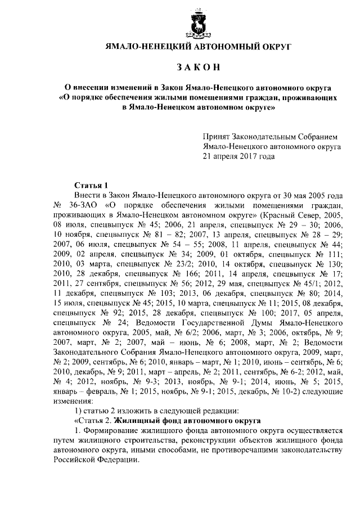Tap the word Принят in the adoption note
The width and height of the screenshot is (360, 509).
217,137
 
